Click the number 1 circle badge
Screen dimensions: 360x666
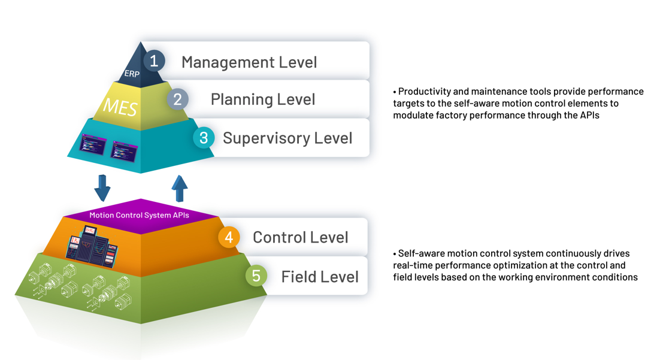pyautogui.click(x=154, y=60)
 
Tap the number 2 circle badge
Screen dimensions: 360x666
pyautogui.click(x=177, y=99)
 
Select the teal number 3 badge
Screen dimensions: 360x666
pyautogui.click(x=204, y=138)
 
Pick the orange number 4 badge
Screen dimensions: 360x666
pyautogui.click(x=229, y=237)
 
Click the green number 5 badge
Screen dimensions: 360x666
pyautogui.click(x=256, y=276)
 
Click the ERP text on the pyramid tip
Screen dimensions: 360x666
pyautogui.click(x=132, y=74)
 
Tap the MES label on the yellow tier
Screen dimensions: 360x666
pyautogui.click(x=120, y=107)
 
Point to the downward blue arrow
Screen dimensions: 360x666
pyautogui.click(x=102, y=187)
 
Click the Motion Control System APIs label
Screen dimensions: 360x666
pyautogui.click(x=139, y=215)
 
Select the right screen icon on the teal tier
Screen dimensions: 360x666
pyautogui.click(x=124, y=149)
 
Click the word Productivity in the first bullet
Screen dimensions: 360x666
pyautogui.click(x=425, y=92)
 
